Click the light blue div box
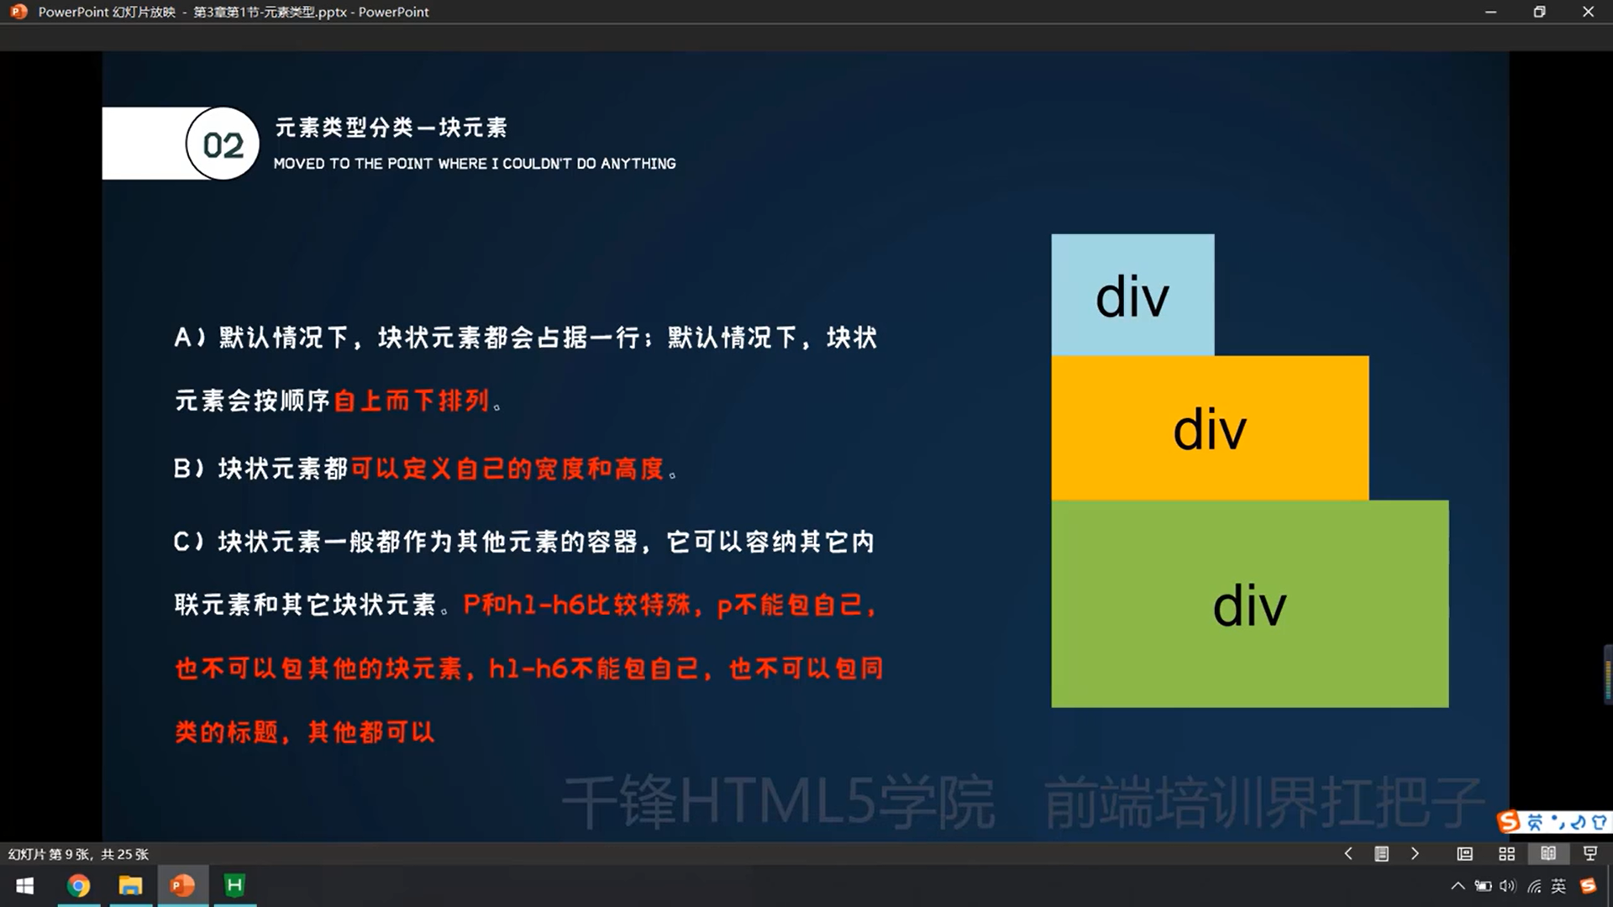click(1132, 295)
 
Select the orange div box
click(1210, 428)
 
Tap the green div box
click(1250, 604)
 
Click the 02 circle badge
click(223, 144)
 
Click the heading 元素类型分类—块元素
click(391, 128)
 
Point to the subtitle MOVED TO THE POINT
click(475, 164)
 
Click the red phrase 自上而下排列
click(412, 401)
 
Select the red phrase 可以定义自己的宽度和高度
click(507, 469)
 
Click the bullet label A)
click(190, 338)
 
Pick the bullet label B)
click(189, 469)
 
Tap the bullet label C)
click(189, 542)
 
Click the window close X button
click(1588, 12)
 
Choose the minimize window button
click(1490, 12)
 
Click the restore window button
click(1539, 12)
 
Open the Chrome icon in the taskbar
click(78, 886)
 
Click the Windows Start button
click(25, 886)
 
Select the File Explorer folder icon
click(130, 886)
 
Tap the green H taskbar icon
click(234, 885)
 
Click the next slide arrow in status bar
click(1415, 854)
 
